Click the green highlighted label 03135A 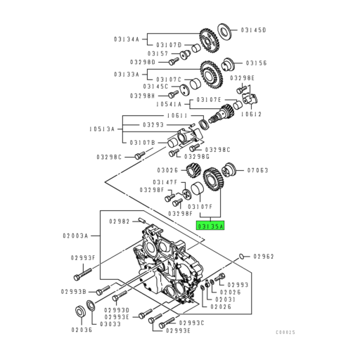point(209,226)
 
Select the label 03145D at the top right point(254,30)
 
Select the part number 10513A point(104,129)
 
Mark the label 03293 point(155,124)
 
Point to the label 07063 point(258,169)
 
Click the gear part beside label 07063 point(229,169)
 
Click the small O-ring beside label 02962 point(241,255)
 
